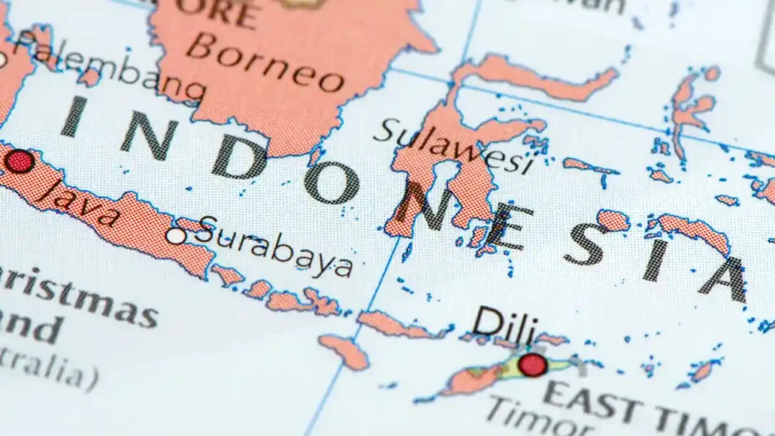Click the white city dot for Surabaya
pos(176,235)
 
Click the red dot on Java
pos(19,161)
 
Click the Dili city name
pos(505,324)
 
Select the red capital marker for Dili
pos(533,365)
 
